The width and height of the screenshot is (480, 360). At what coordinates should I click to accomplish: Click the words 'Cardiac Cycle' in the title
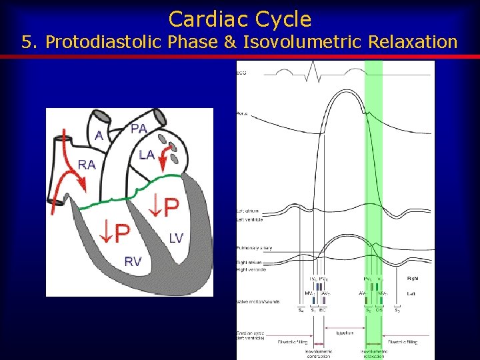tap(240, 19)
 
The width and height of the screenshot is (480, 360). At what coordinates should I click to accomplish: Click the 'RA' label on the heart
tap(86, 164)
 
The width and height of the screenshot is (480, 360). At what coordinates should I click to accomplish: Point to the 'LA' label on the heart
tap(147, 155)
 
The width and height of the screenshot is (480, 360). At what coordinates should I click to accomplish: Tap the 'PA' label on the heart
tap(139, 129)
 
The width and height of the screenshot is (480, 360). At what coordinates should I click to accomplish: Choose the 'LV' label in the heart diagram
tap(176, 238)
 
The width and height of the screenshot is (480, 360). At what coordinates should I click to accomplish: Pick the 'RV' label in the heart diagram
tap(133, 261)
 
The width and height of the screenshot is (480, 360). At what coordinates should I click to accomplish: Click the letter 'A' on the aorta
tap(99, 135)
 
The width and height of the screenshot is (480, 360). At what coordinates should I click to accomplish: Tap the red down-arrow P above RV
tap(113, 233)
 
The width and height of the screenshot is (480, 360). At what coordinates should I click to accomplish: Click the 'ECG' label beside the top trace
tap(241, 73)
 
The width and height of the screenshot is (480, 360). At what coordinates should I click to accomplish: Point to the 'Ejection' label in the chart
tap(345, 333)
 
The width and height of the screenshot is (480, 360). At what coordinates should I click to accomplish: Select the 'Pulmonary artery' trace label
tap(253, 248)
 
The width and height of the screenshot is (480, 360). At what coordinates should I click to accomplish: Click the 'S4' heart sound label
tap(301, 309)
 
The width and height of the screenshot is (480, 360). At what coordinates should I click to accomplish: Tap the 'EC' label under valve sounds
tap(322, 309)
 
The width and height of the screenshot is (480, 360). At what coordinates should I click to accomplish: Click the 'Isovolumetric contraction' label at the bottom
tap(318, 353)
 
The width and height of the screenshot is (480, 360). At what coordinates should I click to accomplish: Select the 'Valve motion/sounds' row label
tap(256, 301)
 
